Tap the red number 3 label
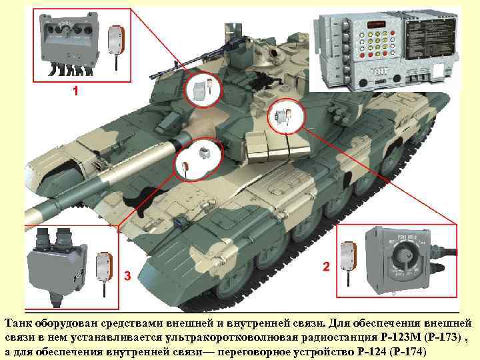pyautogui.click(x=127, y=275)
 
